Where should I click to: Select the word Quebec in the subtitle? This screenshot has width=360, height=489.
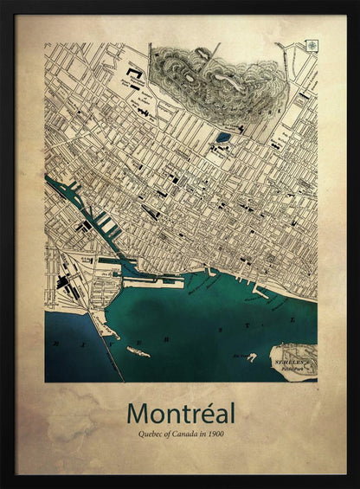point(142,433)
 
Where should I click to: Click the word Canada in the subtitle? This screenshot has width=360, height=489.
point(184,433)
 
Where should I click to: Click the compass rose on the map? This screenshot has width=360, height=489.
point(311,46)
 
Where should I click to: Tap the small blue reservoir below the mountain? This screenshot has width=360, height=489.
point(223,137)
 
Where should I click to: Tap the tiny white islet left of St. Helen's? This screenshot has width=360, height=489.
point(252,357)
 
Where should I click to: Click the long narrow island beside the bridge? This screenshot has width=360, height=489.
point(138,351)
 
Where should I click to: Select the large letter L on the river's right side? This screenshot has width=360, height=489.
point(292,319)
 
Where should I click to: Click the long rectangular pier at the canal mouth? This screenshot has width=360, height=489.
point(154,280)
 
